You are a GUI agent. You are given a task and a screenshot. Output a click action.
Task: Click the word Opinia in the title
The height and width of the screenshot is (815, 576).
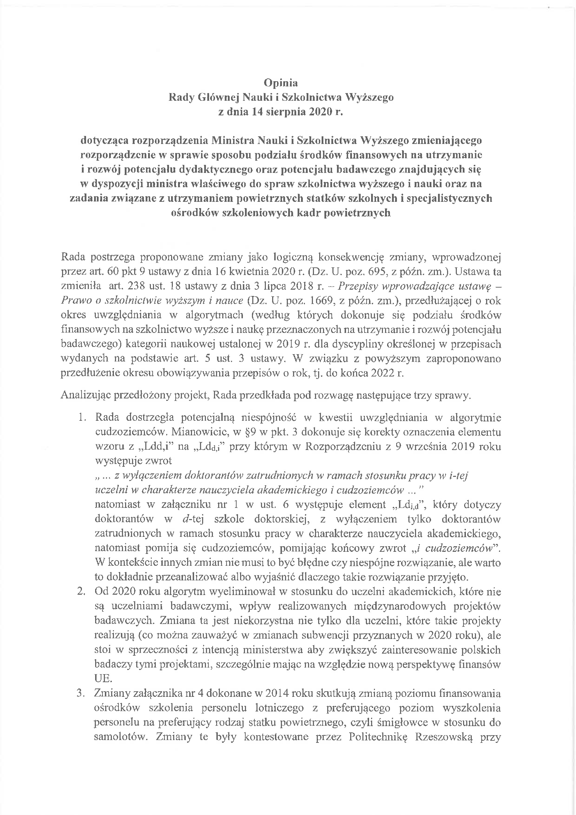click(x=281, y=83)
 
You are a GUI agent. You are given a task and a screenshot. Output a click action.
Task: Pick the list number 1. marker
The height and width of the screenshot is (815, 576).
click(x=83, y=418)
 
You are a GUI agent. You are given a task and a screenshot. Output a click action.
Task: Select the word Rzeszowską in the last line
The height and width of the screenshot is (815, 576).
click(x=441, y=736)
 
